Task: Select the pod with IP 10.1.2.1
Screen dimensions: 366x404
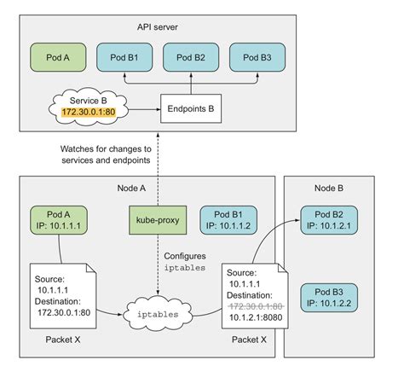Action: coord(332,218)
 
